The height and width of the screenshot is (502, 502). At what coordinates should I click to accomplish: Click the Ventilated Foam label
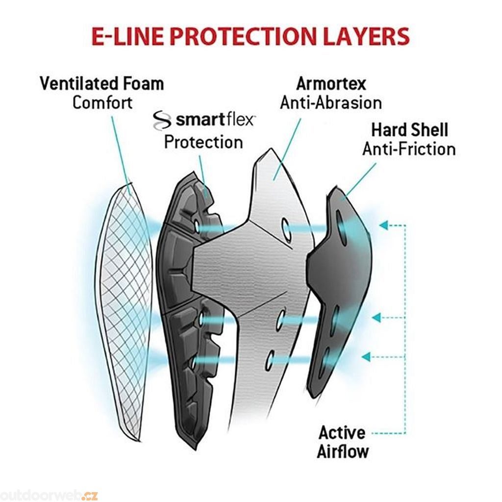(102, 84)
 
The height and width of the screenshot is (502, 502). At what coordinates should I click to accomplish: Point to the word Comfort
(102, 103)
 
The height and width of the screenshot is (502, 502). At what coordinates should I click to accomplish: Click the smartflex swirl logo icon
(162, 121)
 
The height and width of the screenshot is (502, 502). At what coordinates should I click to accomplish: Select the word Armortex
(331, 84)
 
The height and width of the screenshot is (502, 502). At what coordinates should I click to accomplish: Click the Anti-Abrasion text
(331, 103)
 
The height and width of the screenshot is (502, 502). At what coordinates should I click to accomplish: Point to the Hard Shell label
(409, 130)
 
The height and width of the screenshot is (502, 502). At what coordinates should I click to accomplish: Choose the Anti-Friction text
(409, 149)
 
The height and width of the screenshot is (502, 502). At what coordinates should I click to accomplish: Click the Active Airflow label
(342, 442)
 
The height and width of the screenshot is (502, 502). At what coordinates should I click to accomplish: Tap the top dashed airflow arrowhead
(384, 226)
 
